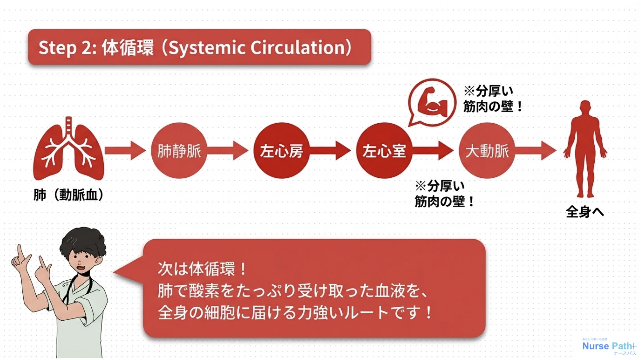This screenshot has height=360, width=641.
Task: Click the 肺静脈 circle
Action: click(x=179, y=151)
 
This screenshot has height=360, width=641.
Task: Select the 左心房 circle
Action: click(x=281, y=151)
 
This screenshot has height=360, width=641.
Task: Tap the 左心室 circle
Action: click(x=384, y=151)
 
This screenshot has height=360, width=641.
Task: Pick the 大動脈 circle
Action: click(x=487, y=151)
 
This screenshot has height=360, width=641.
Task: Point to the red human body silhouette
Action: click(x=585, y=149)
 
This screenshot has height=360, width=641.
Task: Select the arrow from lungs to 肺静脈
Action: click(x=125, y=151)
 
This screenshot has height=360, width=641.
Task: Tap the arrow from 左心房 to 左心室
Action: click(x=330, y=151)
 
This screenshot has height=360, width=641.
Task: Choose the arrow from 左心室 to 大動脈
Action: click(x=433, y=151)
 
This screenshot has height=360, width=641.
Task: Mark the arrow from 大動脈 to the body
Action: click(x=536, y=151)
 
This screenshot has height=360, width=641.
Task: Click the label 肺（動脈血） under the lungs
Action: click(x=69, y=195)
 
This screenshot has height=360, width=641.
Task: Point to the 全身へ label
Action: click(x=585, y=212)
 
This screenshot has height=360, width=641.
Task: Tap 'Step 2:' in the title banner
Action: click(x=68, y=48)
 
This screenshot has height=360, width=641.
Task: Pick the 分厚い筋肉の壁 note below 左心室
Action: click(x=444, y=194)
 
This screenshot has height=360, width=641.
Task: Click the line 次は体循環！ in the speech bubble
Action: click(x=202, y=269)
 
